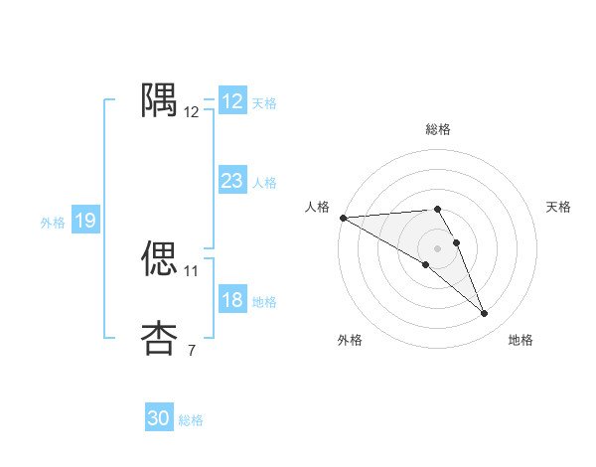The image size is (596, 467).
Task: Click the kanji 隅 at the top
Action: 160,100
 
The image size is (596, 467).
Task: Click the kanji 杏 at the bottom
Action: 160,338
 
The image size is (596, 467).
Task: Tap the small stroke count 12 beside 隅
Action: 192,112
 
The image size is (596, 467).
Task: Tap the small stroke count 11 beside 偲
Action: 192,270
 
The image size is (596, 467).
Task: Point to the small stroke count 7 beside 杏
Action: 192,350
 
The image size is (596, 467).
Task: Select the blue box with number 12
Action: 232,101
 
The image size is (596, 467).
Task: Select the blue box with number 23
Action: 232,181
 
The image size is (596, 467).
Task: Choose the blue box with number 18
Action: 232,300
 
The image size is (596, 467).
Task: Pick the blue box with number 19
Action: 85,221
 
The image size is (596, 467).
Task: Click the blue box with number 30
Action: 159,418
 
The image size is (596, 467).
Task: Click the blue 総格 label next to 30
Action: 191,420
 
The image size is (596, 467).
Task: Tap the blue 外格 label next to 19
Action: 53,223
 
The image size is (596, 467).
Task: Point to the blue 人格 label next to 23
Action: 264,183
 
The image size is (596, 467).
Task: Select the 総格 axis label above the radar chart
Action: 438,129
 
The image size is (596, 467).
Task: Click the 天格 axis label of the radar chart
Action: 559,207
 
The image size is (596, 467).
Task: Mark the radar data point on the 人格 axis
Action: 343,217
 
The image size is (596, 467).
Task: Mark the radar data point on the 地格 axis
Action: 485,314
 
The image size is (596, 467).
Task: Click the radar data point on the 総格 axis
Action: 438,209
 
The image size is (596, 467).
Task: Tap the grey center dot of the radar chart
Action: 438,247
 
